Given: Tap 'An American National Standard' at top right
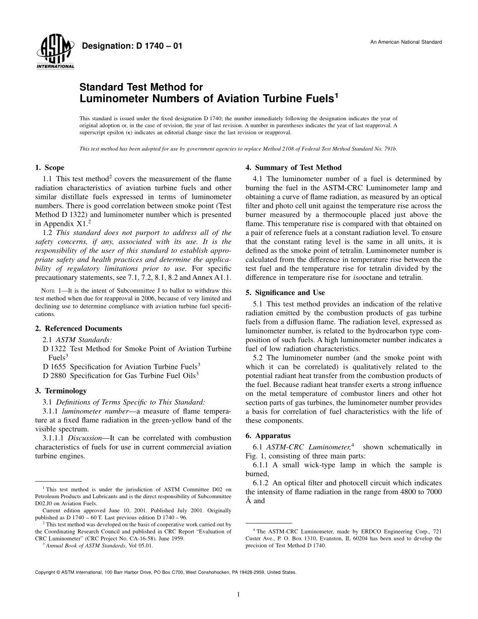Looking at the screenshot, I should [x=406, y=42].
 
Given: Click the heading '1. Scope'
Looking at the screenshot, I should [x=49, y=168].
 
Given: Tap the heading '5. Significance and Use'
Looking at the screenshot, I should [x=285, y=292].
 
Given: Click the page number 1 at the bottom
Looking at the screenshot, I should [x=238, y=594].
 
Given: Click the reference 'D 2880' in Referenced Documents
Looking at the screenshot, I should [x=55, y=375].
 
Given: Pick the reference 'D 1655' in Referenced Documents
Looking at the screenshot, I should [x=55, y=365].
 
